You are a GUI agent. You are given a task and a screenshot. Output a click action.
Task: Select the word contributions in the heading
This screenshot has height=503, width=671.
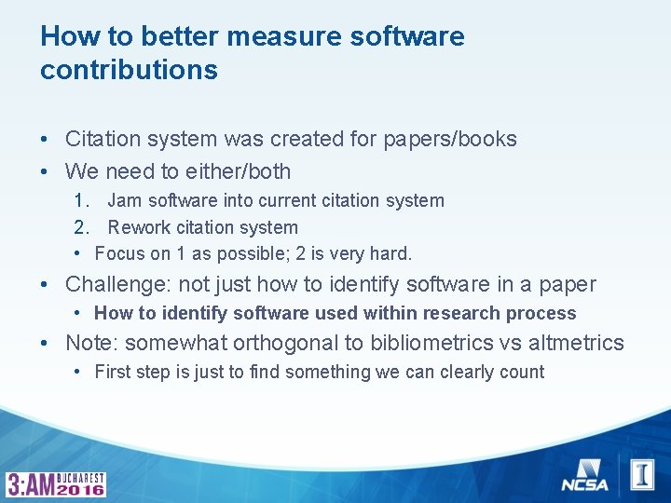click(129, 70)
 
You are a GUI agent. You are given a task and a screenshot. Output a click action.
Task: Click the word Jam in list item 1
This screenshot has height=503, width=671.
click(124, 200)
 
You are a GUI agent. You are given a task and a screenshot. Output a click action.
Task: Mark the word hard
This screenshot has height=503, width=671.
click(391, 253)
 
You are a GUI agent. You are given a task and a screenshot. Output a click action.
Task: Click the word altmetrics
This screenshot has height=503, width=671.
click(576, 343)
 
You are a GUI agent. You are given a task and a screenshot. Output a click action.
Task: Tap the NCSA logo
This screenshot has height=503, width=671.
click(584, 474)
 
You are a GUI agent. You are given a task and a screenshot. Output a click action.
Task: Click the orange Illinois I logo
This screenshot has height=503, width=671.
click(642, 474)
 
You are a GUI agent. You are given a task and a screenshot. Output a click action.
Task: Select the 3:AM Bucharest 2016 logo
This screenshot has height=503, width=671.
click(57, 483)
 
